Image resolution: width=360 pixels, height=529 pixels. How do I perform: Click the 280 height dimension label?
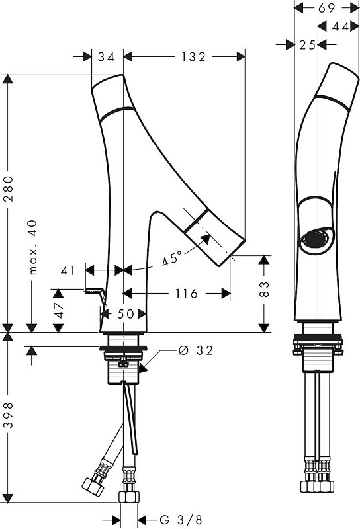[8, 188]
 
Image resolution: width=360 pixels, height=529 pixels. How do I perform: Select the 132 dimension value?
[193, 57]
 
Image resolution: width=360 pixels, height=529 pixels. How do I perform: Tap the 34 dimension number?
[107, 57]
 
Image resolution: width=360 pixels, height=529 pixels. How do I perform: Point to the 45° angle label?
[171, 258]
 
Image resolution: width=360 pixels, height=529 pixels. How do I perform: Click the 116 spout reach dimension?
[187, 294]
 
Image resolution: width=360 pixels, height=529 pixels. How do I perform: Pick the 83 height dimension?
[265, 289]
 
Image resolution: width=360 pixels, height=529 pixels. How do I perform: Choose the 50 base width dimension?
[125, 314]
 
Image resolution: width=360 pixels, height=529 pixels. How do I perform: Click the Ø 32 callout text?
[196, 351]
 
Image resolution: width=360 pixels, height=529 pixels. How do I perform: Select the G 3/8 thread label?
[181, 520]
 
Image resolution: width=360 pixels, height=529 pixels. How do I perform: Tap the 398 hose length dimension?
[8, 415]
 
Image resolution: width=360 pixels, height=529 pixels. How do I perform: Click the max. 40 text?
[32, 247]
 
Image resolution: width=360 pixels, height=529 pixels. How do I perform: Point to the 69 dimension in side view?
[326, 8]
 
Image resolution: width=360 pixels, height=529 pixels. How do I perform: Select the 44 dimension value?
[340, 26]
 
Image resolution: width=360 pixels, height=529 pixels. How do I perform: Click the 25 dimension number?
[307, 44]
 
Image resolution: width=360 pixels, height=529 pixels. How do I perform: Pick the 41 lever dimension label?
[68, 270]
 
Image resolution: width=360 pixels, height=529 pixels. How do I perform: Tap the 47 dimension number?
[59, 310]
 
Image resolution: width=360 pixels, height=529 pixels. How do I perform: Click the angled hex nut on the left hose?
[92, 486]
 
